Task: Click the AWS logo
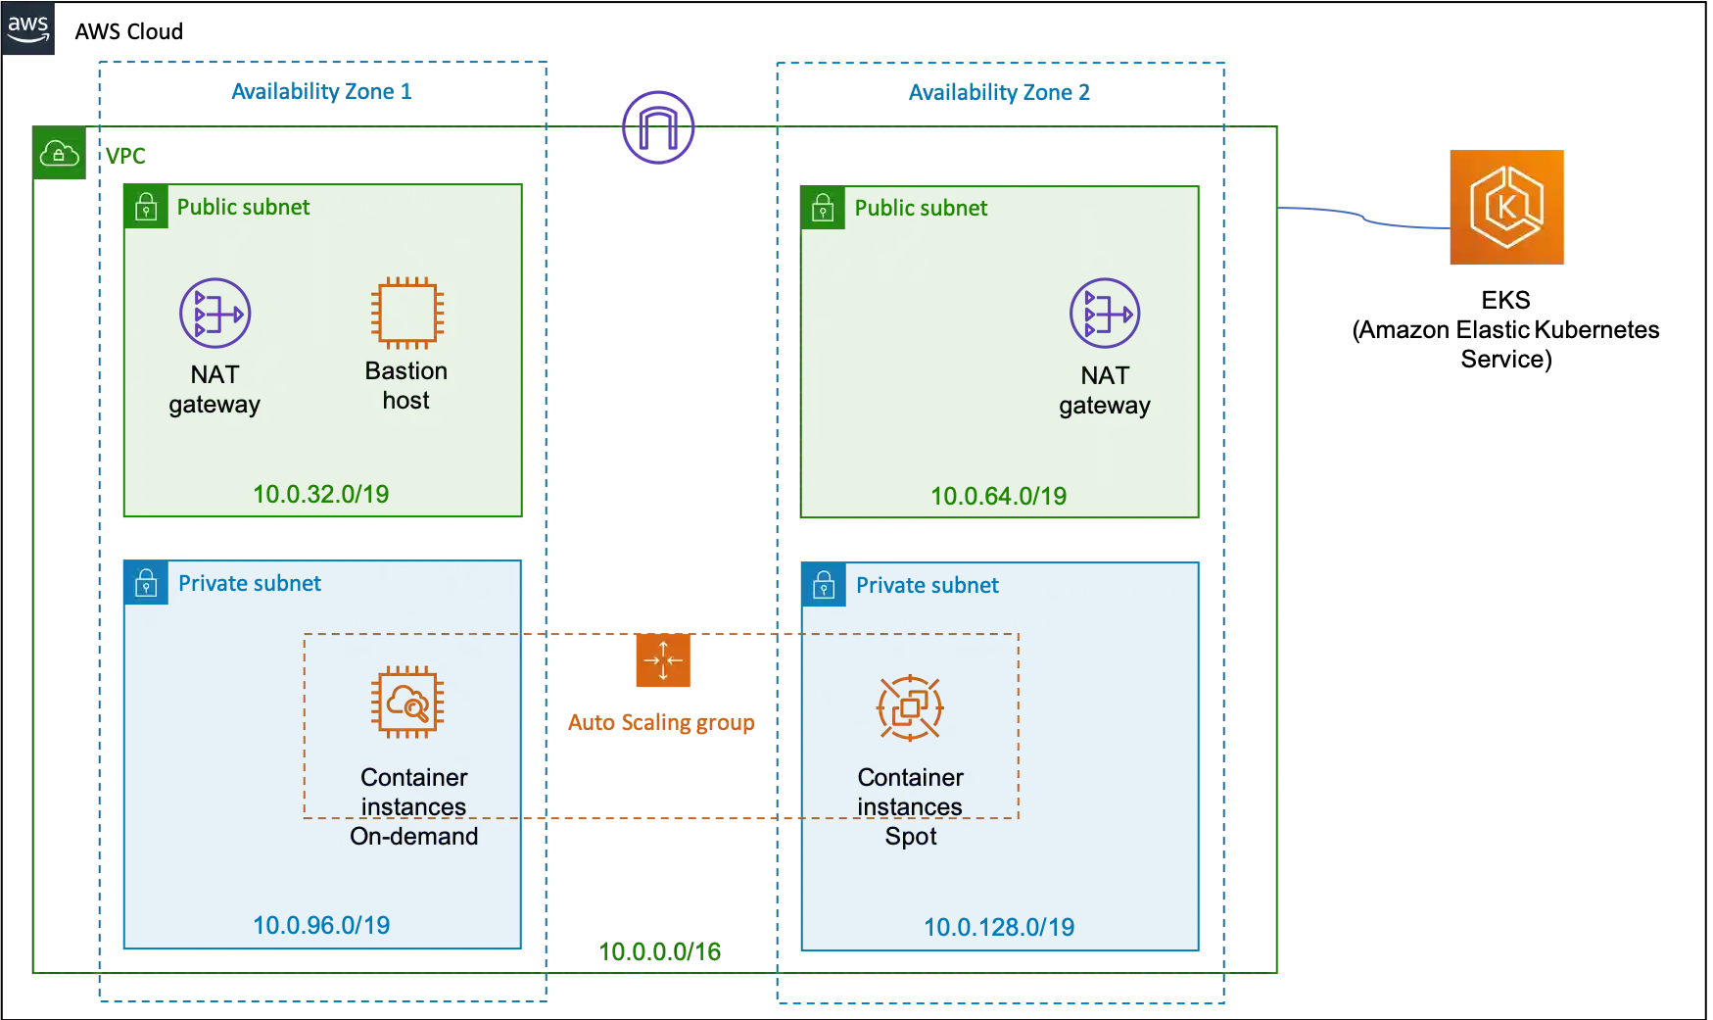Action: click(27, 29)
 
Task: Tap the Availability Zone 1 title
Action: click(321, 92)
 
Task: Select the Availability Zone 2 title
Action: click(1001, 92)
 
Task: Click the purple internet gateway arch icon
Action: click(658, 126)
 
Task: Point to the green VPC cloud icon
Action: click(59, 154)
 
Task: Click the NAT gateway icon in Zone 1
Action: click(215, 314)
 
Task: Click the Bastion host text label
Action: click(406, 385)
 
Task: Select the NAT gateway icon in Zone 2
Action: click(1105, 314)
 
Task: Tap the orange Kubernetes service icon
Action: click(1507, 208)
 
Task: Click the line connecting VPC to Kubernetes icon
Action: click(1366, 218)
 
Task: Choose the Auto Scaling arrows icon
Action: click(664, 660)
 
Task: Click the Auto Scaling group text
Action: click(662, 724)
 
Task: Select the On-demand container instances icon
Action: click(407, 702)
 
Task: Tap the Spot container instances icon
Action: click(910, 707)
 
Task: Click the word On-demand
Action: click(414, 837)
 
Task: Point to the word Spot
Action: click(911, 837)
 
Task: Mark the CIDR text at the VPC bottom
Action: click(659, 951)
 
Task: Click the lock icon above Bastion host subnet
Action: click(146, 207)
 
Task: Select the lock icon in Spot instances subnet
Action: click(824, 586)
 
